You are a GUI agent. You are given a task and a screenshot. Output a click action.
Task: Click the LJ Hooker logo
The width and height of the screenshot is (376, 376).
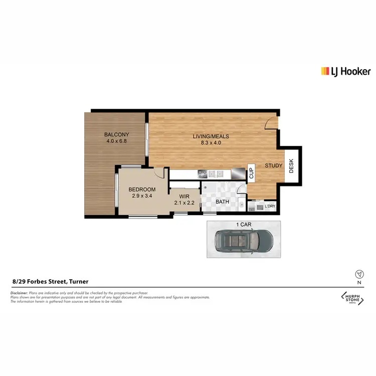pos(345,71)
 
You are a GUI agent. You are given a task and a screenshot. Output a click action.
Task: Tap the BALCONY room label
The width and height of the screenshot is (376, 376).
pos(116,134)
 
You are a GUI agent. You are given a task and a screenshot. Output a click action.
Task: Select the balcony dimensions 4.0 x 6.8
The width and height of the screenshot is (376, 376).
pos(116,141)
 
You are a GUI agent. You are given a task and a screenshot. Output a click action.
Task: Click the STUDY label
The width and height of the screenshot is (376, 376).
pos(274,165)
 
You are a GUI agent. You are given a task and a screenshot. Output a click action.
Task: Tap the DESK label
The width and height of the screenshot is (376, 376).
pos(291,166)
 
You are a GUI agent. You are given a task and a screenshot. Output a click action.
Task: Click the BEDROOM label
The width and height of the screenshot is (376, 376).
pos(142,190)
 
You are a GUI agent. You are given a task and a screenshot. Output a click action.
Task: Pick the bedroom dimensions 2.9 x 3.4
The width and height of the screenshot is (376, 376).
pos(142,196)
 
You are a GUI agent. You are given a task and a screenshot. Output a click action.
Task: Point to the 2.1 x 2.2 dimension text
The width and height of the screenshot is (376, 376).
pos(184,203)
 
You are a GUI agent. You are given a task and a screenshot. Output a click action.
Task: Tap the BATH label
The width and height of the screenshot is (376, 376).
pos(222,202)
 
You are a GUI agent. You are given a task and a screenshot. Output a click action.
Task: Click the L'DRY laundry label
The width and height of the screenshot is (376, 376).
pos(270,207)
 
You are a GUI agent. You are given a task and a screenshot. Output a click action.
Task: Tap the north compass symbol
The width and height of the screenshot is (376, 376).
pos(358,274)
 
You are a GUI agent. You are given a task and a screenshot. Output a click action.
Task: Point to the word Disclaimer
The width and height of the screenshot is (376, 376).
pos(21,293)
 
